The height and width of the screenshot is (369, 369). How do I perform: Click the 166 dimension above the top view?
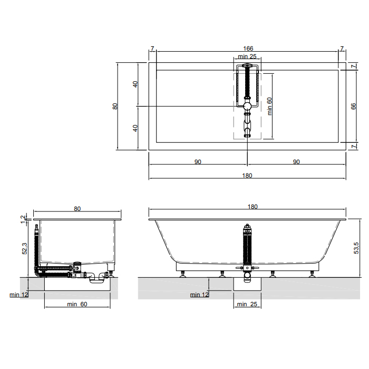pyautogui.click(x=248, y=48)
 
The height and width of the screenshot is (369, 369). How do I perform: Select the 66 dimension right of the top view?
pyautogui.click(x=353, y=106)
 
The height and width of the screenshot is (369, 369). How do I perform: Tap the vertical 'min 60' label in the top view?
pyautogui.click(x=269, y=106)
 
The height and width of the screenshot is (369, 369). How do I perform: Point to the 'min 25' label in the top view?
pyautogui.click(x=247, y=56)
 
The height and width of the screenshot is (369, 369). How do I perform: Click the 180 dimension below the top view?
pyautogui.click(x=247, y=176)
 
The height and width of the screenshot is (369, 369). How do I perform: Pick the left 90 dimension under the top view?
pyautogui.click(x=198, y=162)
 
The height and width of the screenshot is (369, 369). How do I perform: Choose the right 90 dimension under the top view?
pyautogui.click(x=296, y=162)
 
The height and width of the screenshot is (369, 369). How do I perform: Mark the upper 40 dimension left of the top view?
pyautogui.click(x=135, y=84)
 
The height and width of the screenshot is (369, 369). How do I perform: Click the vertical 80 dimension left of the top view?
pyautogui.click(x=115, y=106)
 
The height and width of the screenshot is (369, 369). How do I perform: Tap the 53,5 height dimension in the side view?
pyautogui.click(x=356, y=248)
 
